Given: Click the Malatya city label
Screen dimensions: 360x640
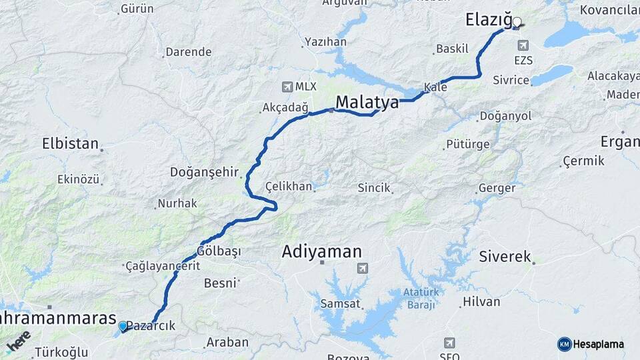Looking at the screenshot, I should tap(367, 103).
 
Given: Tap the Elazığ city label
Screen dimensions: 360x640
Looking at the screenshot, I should tap(488, 21).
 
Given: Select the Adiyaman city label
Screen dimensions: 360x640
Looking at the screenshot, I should tap(322, 252).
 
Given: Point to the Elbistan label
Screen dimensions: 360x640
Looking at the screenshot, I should tap(70, 143).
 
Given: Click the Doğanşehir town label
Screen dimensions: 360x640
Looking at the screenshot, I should tap(205, 172).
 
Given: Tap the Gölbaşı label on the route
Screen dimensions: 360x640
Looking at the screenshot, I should tap(219, 251).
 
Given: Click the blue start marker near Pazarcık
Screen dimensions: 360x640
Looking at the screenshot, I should tap(123, 326).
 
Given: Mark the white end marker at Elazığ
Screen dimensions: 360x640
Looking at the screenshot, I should tap(517, 22).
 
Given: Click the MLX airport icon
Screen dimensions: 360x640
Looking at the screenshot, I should tap(287, 87).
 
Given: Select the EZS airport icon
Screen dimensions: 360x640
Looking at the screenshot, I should tap(523, 45).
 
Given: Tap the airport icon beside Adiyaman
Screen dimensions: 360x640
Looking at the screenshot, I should tap(362, 268).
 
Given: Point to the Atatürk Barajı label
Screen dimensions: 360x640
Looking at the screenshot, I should tap(419, 298).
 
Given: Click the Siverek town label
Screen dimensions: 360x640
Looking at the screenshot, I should tap(505, 257).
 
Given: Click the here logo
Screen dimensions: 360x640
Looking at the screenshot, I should tap(19, 340).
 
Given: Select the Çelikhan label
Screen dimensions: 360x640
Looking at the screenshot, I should tap(289, 186).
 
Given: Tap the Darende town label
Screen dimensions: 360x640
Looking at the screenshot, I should tap(188, 52).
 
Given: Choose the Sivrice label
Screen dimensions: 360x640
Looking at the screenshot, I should tap(511, 81).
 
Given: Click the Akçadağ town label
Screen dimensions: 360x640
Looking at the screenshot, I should tap(285, 107).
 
